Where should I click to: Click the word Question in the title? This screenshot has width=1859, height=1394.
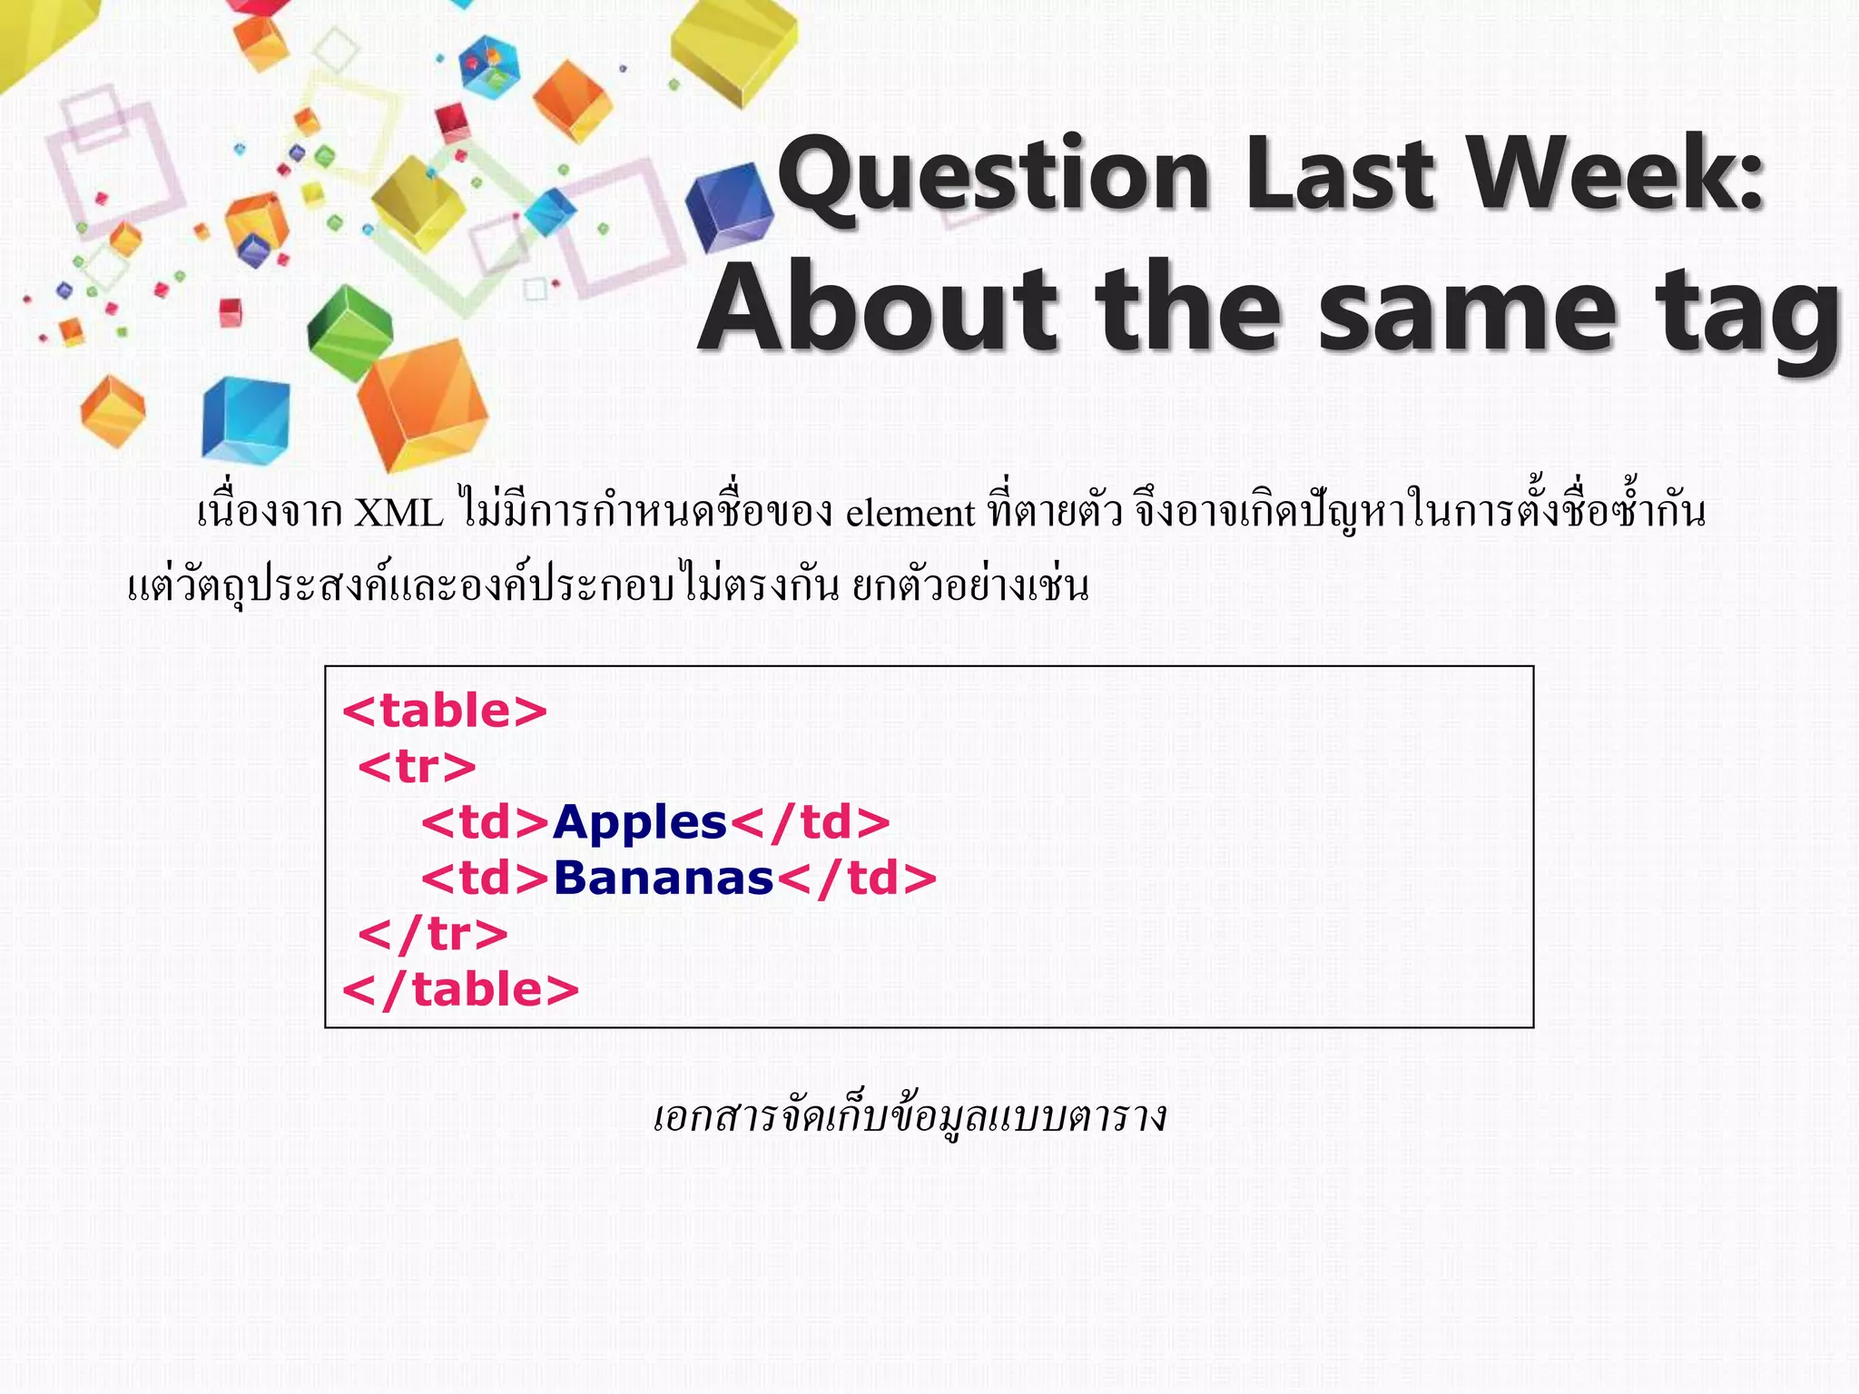pyautogui.click(x=994, y=174)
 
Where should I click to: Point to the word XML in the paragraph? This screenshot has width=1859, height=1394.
pyautogui.click(x=398, y=514)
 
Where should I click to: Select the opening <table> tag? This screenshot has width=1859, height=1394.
pyautogui.click(x=445, y=711)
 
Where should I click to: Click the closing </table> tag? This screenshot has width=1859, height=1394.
pyautogui.click(x=460, y=989)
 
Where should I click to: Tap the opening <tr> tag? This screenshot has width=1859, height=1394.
pyautogui.click(x=417, y=767)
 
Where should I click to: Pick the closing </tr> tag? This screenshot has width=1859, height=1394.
pyautogui.click(x=433, y=934)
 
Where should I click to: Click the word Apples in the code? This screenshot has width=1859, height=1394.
pyautogui.click(x=640, y=822)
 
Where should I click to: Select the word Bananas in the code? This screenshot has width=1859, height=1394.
pyautogui.click(x=664, y=879)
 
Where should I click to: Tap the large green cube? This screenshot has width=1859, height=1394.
pyautogui.click(x=349, y=332)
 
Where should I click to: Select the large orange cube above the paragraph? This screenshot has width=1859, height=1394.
pyautogui.click(x=422, y=403)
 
